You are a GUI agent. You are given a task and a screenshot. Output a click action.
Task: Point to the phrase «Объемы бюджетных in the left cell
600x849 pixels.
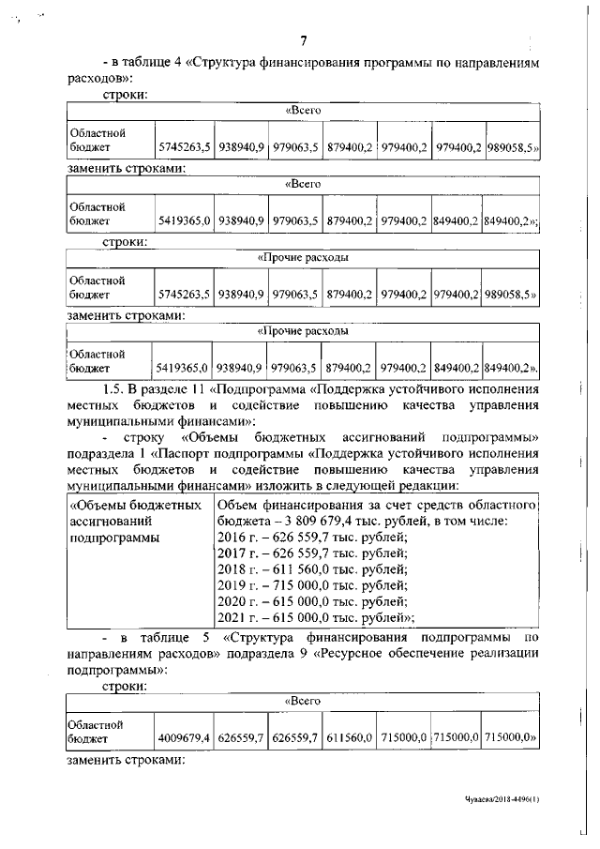138,506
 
